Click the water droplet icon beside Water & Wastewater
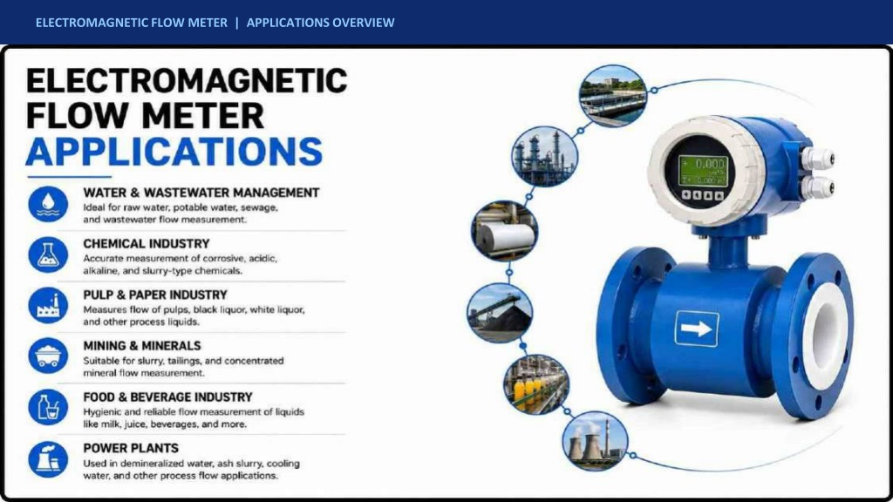click(48, 204)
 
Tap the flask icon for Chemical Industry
click(48, 254)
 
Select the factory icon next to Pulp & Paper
click(48, 305)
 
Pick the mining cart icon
click(48, 356)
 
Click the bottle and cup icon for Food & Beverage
click(48, 407)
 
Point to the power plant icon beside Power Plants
click(48, 458)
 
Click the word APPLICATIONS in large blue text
click(174, 152)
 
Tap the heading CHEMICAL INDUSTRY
click(147, 244)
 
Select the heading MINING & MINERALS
click(142, 345)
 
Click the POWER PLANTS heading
click(131, 448)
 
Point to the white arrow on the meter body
click(697, 329)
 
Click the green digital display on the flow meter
click(704, 171)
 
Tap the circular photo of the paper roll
click(505, 230)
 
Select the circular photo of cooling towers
click(595, 441)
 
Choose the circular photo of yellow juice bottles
click(536, 384)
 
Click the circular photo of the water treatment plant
click(613, 96)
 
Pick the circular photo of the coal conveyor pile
click(500, 313)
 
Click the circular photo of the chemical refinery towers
click(544, 157)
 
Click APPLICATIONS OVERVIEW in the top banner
click(320, 23)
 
